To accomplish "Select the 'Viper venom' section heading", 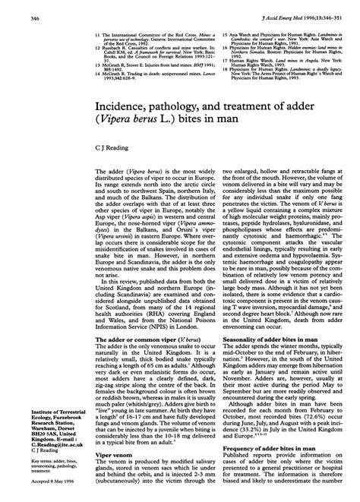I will [x=104, y=457].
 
